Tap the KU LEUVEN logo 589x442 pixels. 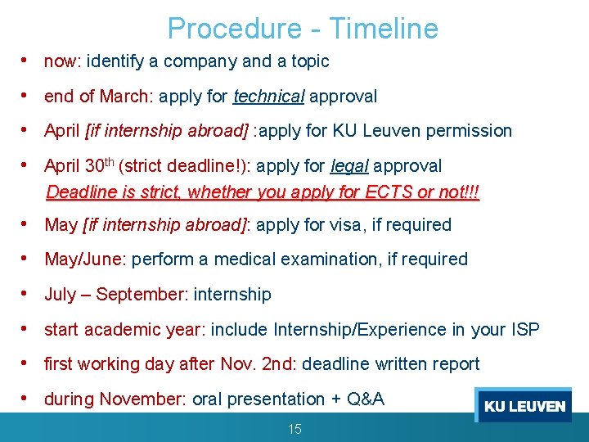524,406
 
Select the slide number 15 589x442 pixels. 294,429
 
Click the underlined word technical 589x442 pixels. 268,97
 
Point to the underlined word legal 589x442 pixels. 349,166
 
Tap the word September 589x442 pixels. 139,295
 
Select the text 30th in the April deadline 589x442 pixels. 100,165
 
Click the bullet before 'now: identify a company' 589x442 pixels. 27,61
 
